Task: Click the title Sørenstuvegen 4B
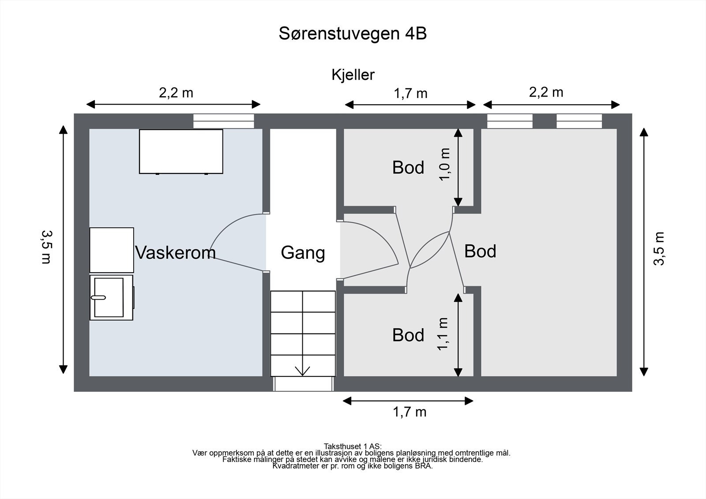pos(353,34)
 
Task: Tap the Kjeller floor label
pos(353,75)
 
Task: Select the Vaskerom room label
pos(175,252)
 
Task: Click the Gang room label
pos(303,253)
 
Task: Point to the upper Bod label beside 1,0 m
pos(408,168)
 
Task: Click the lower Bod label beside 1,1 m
pos(408,335)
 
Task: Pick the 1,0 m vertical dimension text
pos(444,164)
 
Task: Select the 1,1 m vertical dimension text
pos(443,334)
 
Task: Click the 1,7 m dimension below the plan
pos(409,412)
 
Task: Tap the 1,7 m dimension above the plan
pos(410,94)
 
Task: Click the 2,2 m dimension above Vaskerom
pos(176,93)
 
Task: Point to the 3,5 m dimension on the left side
pos(46,247)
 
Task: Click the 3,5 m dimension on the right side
pos(659,248)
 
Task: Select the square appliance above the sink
pos(112,250)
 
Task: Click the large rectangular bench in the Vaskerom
pos(181,151)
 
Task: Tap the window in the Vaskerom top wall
pos(224,121)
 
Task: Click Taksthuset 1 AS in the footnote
pos(353,446)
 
